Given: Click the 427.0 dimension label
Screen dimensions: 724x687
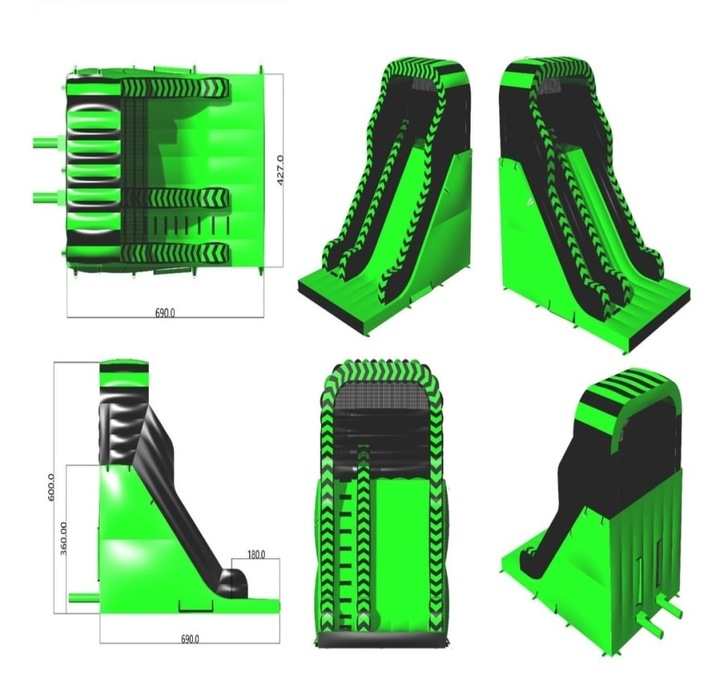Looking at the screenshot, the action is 280,171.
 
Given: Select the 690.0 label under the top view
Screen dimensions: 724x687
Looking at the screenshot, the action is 165,313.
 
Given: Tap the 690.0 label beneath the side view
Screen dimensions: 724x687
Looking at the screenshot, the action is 190,639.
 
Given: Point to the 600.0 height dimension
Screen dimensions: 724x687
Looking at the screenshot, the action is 51,486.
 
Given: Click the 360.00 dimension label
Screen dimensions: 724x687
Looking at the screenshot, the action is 64,538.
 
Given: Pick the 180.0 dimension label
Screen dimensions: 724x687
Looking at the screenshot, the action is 257,554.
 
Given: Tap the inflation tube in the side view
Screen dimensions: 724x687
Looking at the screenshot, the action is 84,598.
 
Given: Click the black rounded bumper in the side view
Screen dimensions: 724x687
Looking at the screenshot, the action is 233,584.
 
